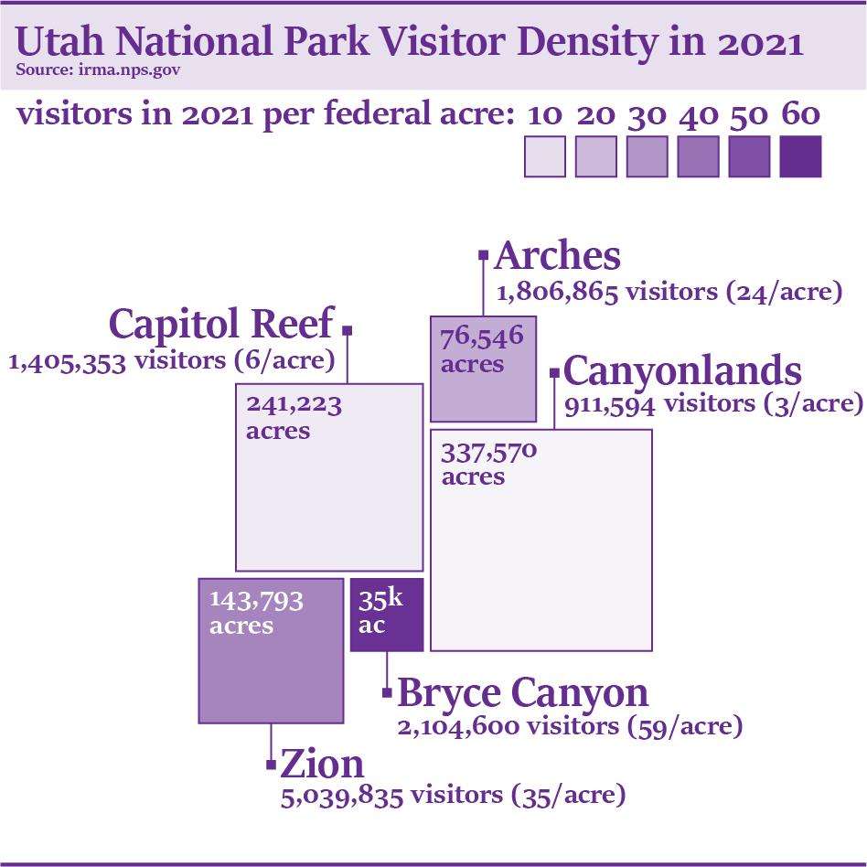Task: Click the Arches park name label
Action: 557,257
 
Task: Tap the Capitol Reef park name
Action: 221,324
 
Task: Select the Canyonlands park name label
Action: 682,372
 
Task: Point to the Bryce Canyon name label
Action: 522,693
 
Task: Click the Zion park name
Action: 322,764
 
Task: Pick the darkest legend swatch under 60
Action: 800,156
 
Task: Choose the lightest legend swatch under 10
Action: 545,156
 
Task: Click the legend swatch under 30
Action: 648,156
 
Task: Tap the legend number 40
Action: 698,115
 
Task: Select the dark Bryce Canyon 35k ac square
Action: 387,615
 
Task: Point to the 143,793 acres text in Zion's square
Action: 256,613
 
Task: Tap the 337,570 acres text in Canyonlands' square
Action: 488,464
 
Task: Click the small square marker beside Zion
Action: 271,762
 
